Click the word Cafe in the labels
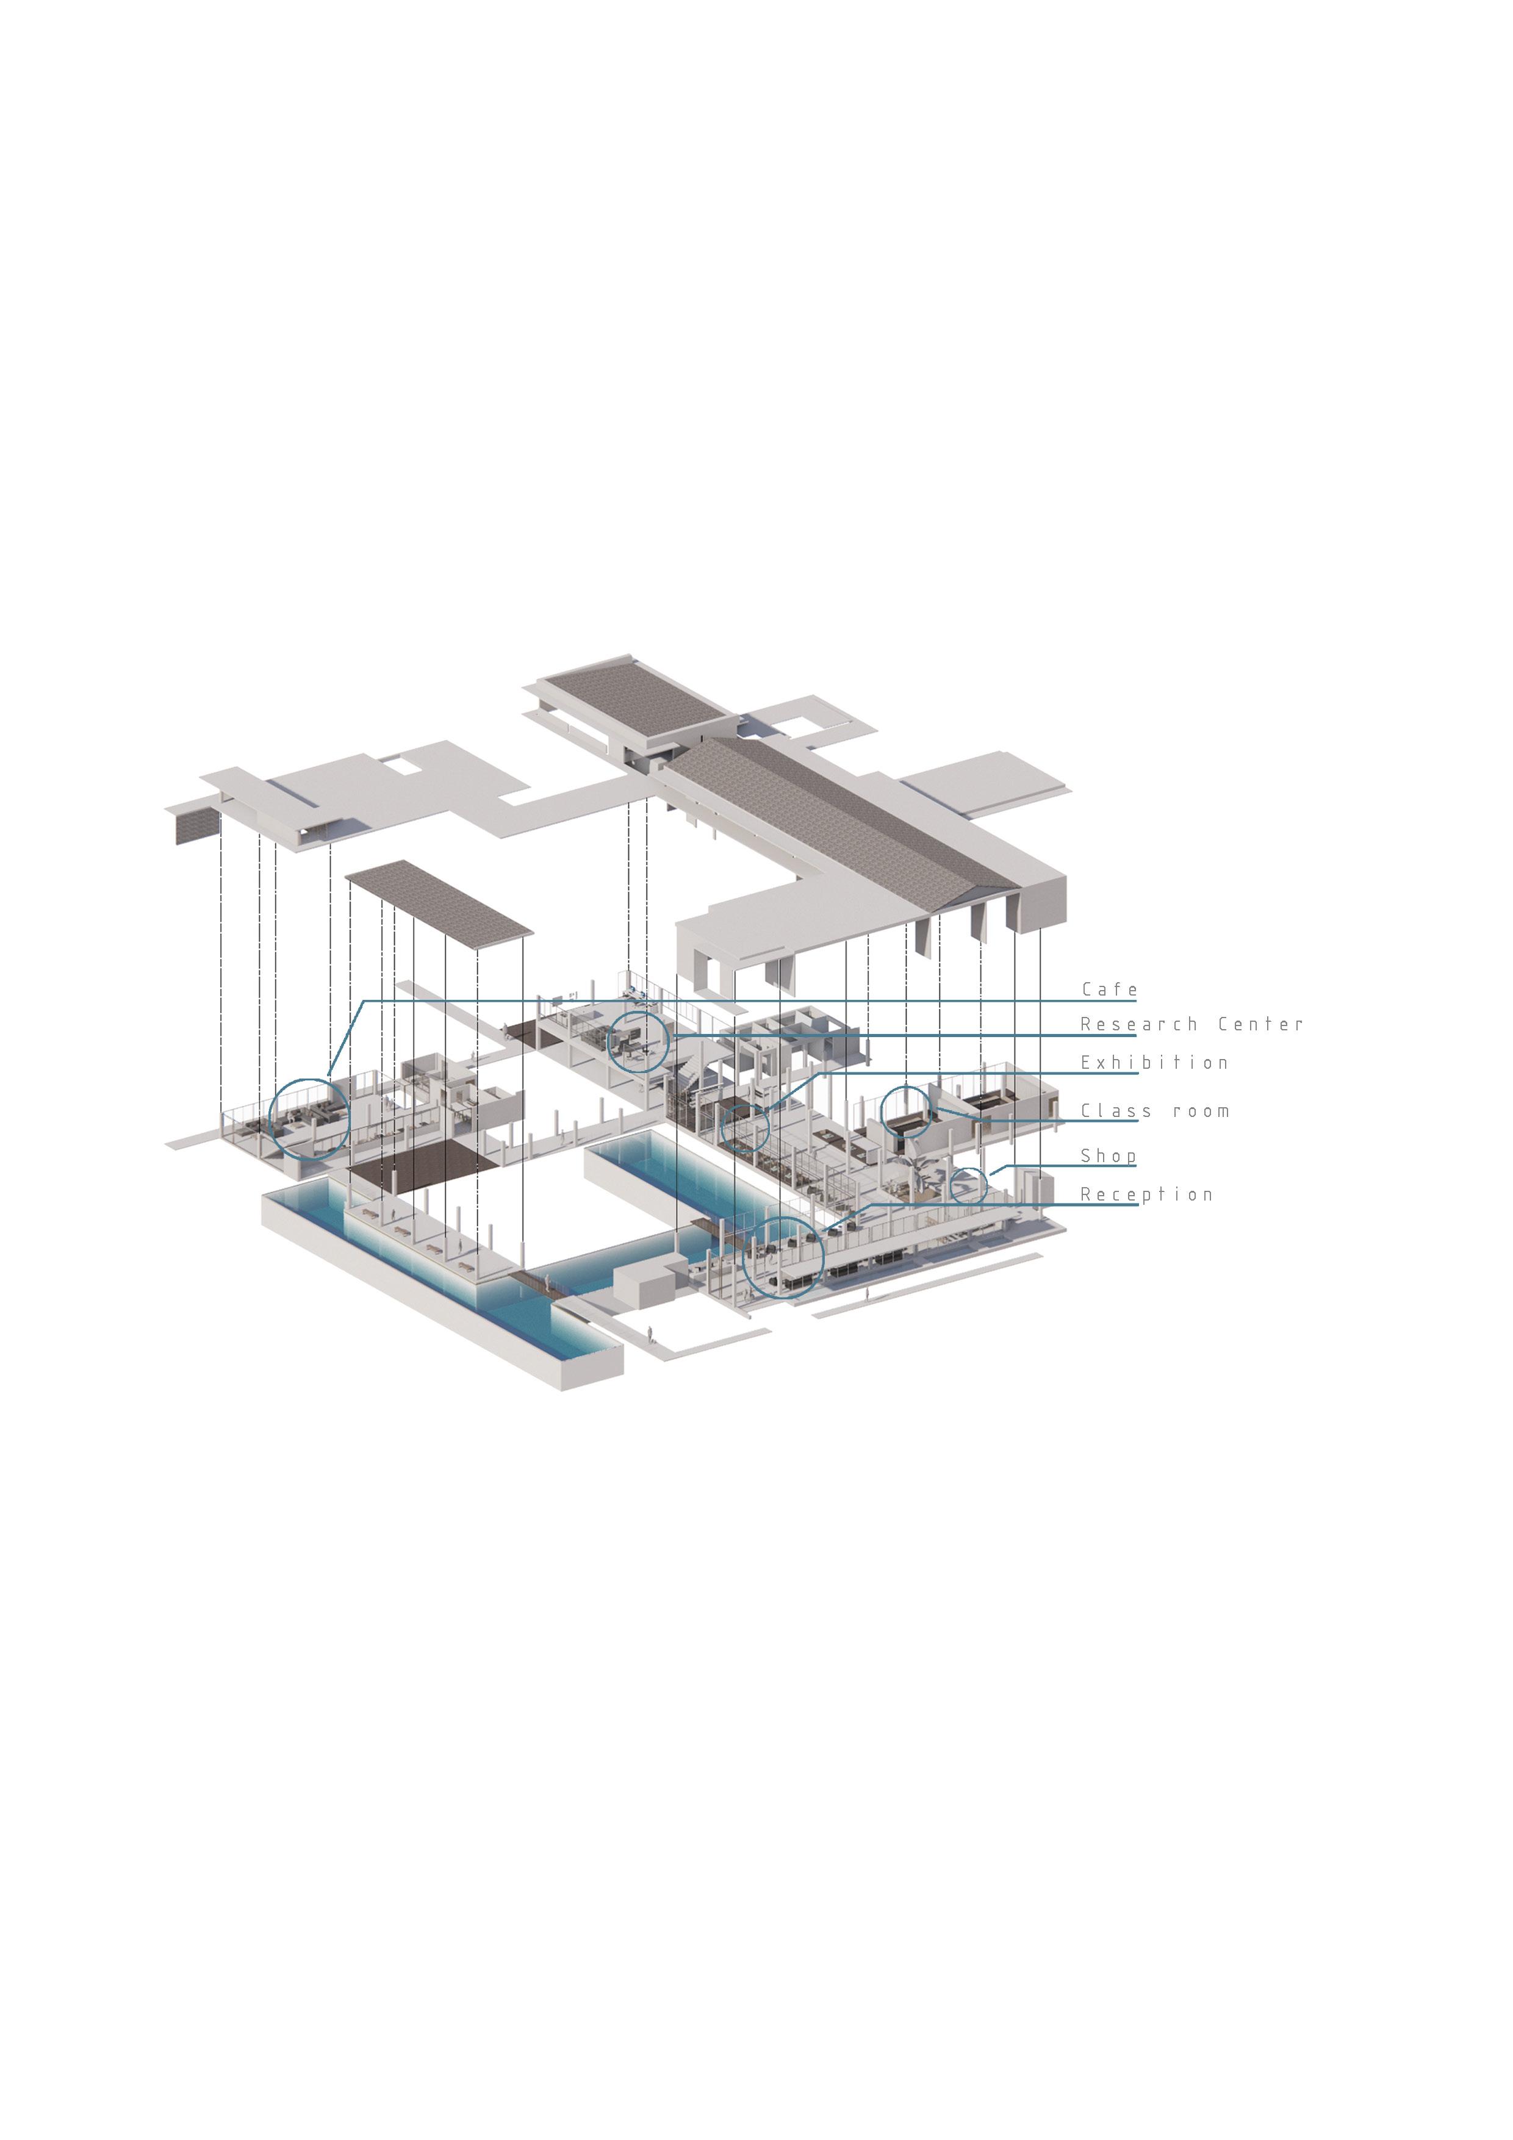click(x=1109, y=989)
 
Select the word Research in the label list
click(x=1138, y=1024)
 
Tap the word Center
click(x=1260, y=1024)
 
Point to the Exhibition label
click(x=1154, y=1063)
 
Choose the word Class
click(x=1116, y=1111)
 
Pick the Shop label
click(x=1109, y=1156)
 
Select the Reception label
click(x=1146, y=1195)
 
